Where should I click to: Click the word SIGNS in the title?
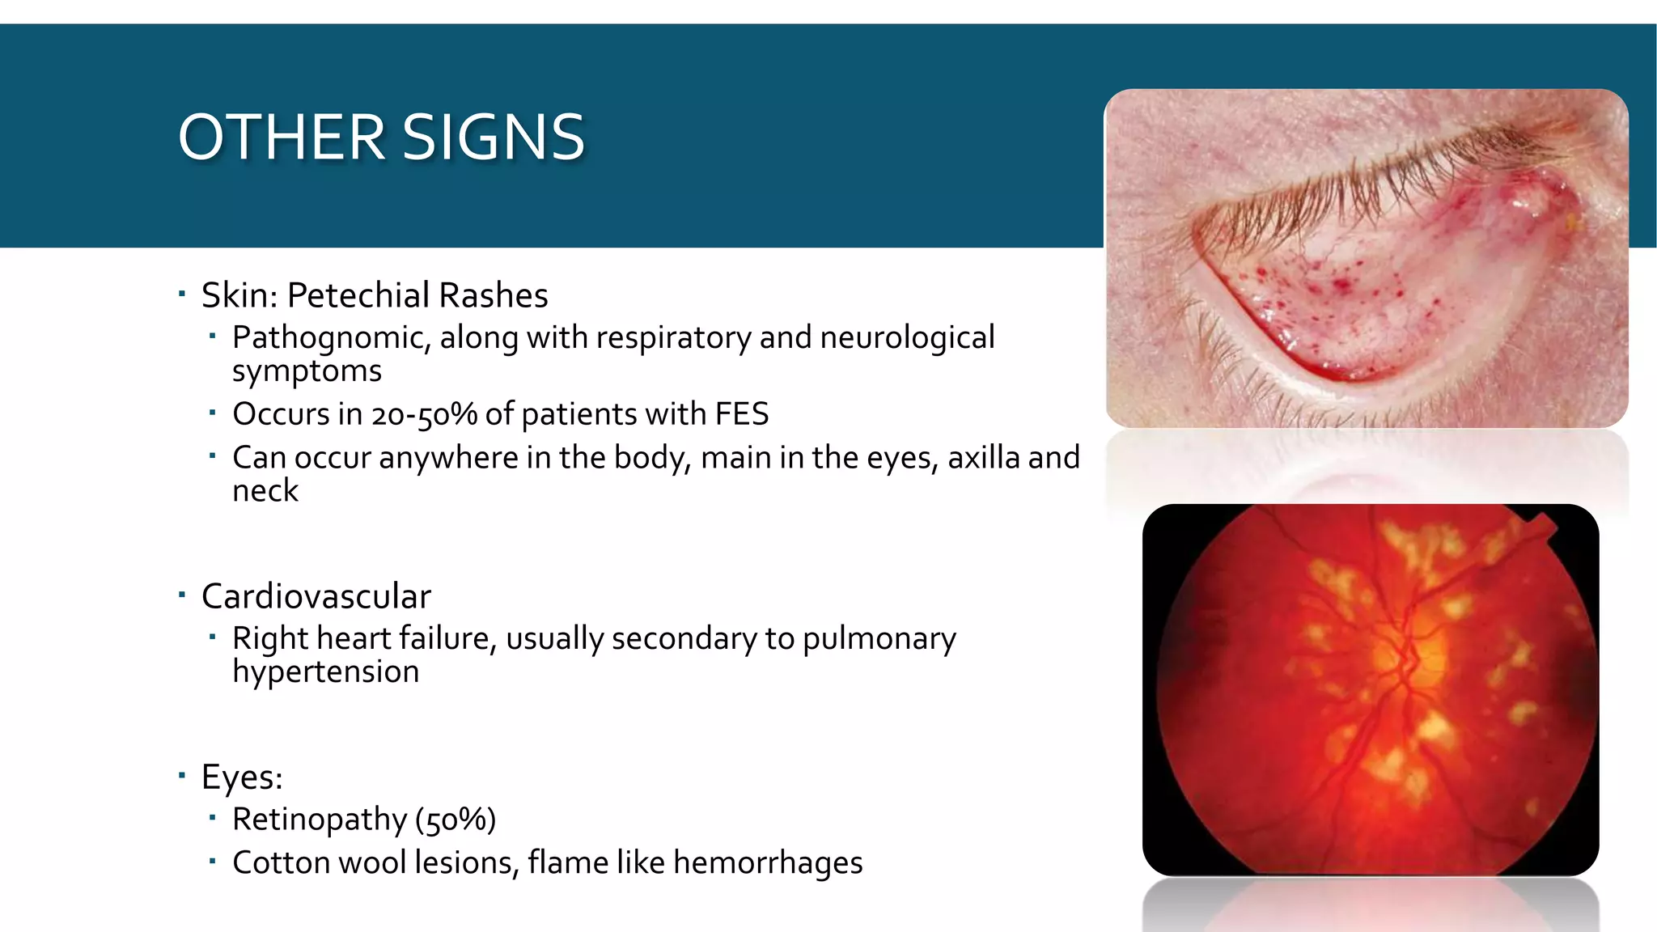pos(493,138)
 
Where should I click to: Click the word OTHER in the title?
pos(281,138)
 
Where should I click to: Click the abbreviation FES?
pos(742,414)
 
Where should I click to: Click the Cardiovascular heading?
pos(316,597)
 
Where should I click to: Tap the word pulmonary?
pos(879,639)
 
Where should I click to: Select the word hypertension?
pos(325,672)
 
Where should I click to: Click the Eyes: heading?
pos(242,777)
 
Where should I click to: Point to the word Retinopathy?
pos(319,820)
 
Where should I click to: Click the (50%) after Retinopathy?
pos(456,820)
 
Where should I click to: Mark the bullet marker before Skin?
pos(182,294)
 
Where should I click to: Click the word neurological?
pos(907,338)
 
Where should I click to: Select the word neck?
pos(265,491)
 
